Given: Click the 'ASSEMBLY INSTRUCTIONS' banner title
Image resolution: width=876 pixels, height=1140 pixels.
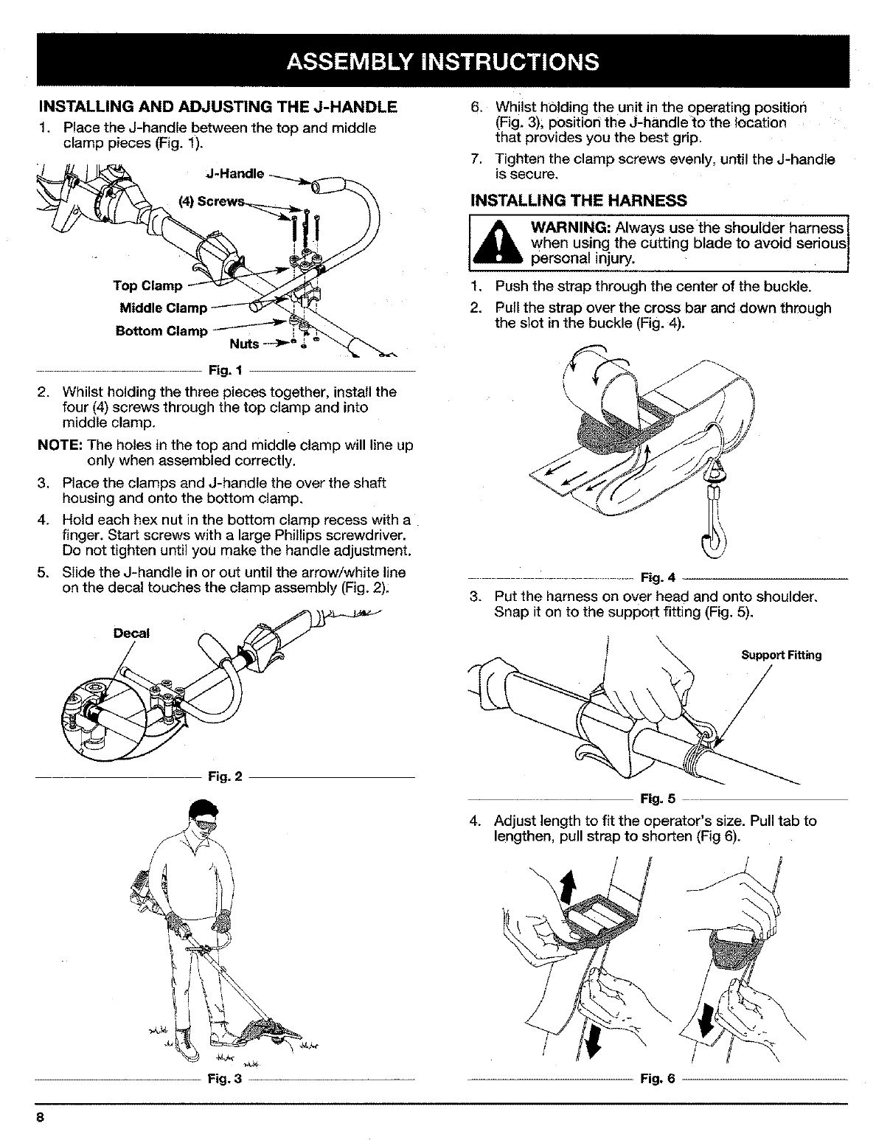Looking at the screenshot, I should (438, 60).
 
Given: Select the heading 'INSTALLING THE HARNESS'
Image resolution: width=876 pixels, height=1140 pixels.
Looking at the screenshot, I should (578, 201).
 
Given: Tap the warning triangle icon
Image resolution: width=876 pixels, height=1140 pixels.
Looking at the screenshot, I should (501, 242).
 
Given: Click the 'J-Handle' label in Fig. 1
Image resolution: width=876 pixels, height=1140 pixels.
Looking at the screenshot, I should (233, 175).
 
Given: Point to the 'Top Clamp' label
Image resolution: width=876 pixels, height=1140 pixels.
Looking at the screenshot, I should (147, 285).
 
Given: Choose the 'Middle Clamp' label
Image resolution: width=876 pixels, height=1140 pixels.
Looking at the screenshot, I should (164, 307).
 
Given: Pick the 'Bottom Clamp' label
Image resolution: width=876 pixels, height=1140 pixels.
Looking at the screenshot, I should (162, 330).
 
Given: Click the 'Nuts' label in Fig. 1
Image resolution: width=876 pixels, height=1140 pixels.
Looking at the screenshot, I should (244, 344).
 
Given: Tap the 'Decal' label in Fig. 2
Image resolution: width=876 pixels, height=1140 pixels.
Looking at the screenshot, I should (131, 633).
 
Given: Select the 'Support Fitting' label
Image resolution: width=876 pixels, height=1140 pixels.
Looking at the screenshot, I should (781, 655).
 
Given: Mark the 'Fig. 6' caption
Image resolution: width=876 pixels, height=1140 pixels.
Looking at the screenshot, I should (658, 1079).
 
